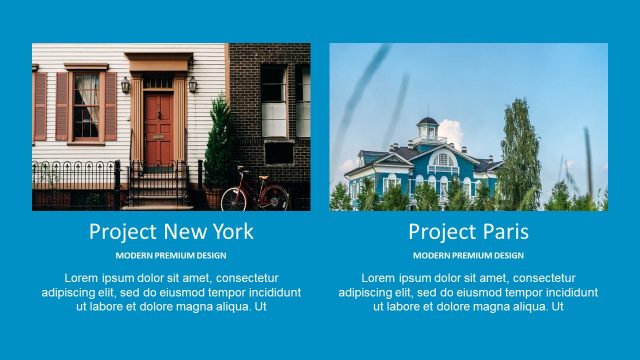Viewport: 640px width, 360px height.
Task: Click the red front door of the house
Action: [x=158, y=128]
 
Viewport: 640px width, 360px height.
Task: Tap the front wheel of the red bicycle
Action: [x=233, y=198]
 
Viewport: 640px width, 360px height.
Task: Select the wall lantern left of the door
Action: [x=126, y=86]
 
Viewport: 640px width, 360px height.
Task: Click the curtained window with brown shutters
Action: [x=86, y=105]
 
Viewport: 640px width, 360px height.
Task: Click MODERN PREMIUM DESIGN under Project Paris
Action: [x=468, y=256]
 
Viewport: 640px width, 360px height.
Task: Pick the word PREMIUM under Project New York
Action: [x=172, y=256]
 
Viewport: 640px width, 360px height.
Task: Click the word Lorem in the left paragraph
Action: [x=82, y=277]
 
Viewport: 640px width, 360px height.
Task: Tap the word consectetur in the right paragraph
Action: [x=545, y=277]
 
